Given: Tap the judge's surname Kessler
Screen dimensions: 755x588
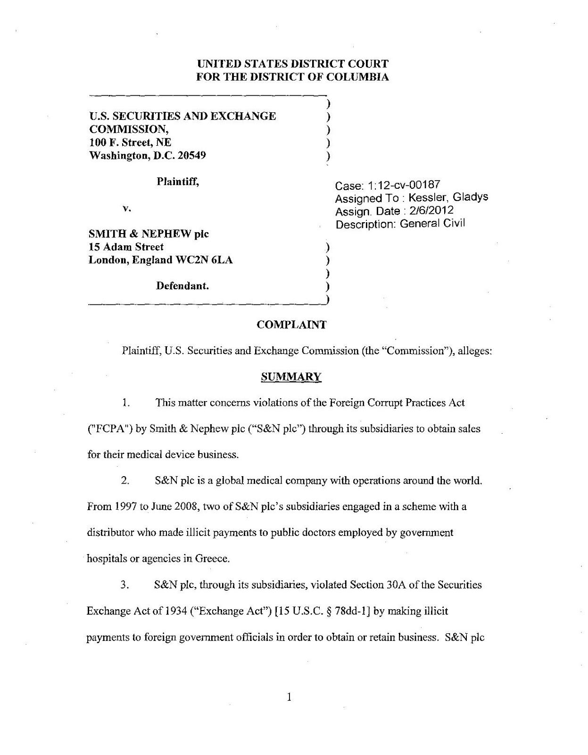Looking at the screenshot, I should pos(428,198).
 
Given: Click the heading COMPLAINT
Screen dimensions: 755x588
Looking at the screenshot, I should pos(291,325).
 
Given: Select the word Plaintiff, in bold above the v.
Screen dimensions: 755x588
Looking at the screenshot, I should pos(178,182).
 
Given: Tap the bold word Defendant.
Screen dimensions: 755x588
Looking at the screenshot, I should pos(182,286).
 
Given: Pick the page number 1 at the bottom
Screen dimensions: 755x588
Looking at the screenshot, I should pos(290,696).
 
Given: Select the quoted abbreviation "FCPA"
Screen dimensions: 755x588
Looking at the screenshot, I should pos(105,429).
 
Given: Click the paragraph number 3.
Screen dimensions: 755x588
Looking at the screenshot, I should pos(124,585).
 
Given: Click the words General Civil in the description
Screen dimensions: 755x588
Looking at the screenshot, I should pos(432,224).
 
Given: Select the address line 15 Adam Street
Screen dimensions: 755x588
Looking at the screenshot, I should pos(126,247).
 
